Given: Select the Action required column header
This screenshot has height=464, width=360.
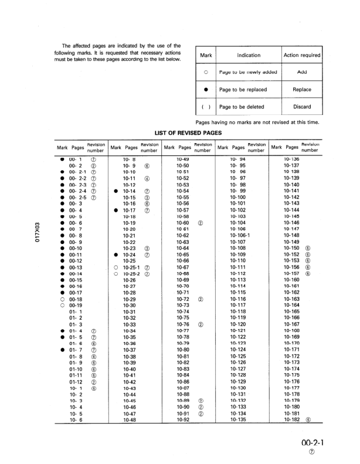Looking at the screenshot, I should (302, 55).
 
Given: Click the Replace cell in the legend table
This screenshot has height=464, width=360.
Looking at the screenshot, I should (302, 90).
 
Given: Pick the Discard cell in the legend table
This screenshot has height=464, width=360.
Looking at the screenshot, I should (302, 107).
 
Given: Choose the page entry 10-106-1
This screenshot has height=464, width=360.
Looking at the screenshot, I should (240, 235).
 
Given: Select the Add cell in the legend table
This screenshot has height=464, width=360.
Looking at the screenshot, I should (302, 72).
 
